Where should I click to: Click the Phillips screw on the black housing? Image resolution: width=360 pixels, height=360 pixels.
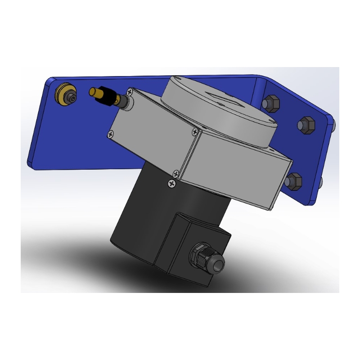pyautogui.click(x=171, y=183)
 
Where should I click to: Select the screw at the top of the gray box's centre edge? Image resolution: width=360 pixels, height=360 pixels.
pyautogui.click(x=194, y=131)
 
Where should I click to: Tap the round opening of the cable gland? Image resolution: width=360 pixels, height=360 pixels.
pyautogui.click(x=219, y=265)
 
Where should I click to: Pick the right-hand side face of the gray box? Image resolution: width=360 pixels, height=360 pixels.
pyautogui.click(x=238, y=173)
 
